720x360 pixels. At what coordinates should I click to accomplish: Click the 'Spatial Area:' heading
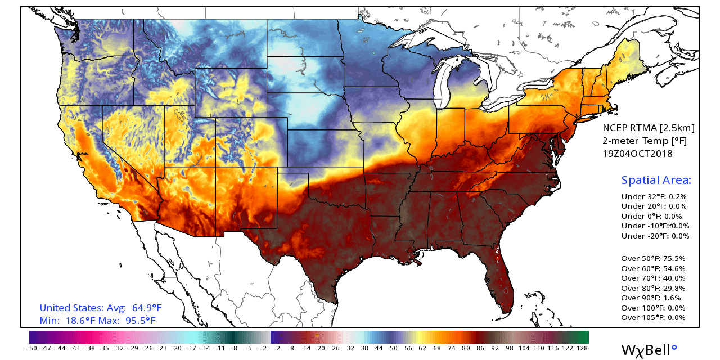click(x=656, y=181)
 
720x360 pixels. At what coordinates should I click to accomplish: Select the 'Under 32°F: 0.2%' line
click(x=654, y=197)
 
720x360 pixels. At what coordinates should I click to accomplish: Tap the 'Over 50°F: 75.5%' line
click(x=653, y=259)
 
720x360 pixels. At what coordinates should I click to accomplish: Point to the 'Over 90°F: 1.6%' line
click(x=651, y=298)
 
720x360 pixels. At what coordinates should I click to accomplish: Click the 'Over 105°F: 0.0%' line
click(x=653, y=318)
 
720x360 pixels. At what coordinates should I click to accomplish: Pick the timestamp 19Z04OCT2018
click(x=637, y=154)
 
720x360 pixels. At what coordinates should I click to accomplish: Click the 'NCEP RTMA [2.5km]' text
click(x=648, y=128)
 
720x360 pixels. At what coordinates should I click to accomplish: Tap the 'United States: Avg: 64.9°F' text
click(x=101, y=308)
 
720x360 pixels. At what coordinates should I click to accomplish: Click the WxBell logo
click(x=649, y=350)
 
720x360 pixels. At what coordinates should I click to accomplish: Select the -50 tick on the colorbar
click(x=31, y=348)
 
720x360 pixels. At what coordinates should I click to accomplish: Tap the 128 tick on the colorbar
click(x=582, y=348)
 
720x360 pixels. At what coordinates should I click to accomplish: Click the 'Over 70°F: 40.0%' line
click(x=653, y=278)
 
